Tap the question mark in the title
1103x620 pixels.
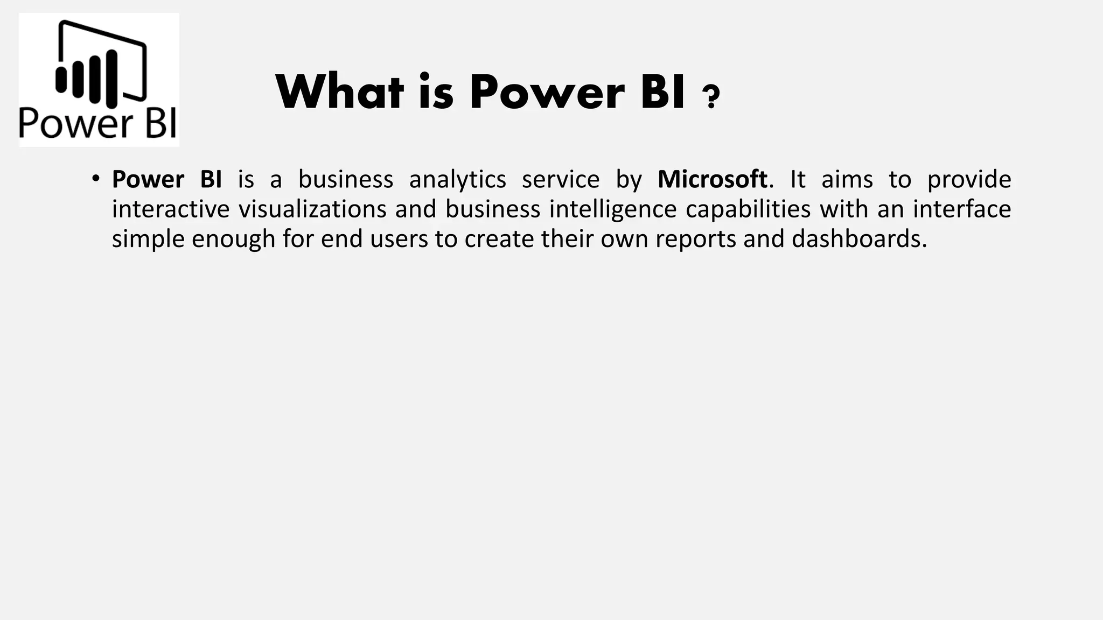(x=711, y=97)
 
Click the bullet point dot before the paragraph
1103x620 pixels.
(x=95, y=178)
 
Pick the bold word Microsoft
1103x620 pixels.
(x=712, y=179)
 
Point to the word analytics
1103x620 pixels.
(x=457, y=179)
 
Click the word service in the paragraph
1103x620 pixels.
(x=561, y=179)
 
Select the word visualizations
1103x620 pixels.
(x=312, y=209)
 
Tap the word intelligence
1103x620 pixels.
(x=612, y=209)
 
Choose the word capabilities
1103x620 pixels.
(x=748, y=209)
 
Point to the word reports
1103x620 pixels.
(x=695, y=238)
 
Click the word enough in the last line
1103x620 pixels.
(x=233, y=238)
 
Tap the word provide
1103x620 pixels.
(x=969, y=179)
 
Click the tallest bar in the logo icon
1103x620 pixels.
(x=111, y=77)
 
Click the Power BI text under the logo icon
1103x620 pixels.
(x=97, y=123)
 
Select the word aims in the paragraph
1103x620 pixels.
(x=847, y=179)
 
